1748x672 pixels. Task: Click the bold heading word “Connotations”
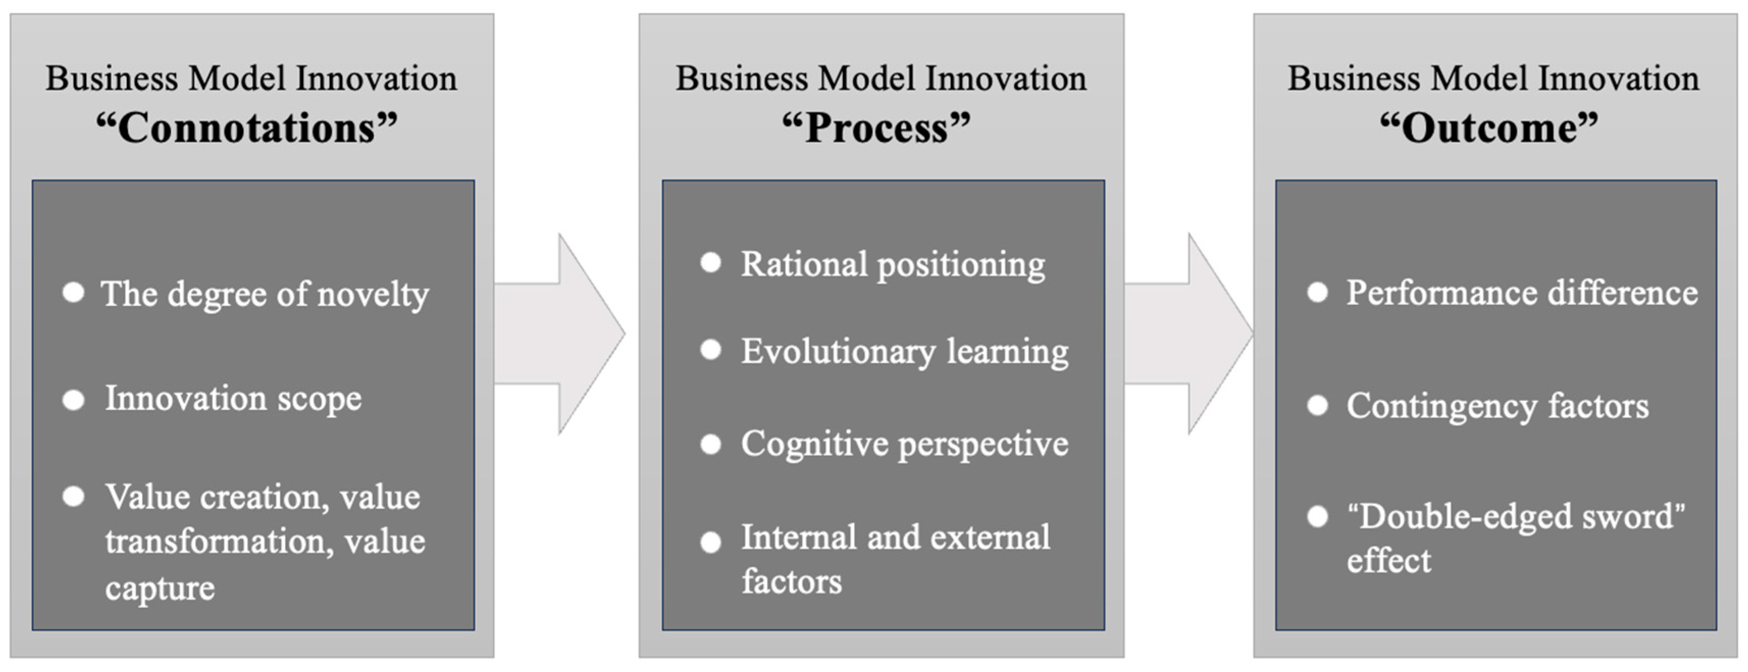246,127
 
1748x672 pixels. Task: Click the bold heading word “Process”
876,127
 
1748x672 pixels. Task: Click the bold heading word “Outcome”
1490,127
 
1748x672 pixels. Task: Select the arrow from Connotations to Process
559,333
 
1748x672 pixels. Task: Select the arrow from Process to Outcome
1189,333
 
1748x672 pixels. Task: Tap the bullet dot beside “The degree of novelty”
73,293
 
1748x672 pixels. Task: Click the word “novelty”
373,295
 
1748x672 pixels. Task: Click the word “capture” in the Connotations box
160,588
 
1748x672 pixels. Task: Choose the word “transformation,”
219,541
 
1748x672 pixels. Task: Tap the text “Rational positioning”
893,265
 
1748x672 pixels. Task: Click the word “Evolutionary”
838,352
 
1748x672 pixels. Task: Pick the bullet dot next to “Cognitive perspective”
711,445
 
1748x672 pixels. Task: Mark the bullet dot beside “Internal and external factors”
711,542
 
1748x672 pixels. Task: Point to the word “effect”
1389,561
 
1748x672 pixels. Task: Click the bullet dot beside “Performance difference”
1318,293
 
